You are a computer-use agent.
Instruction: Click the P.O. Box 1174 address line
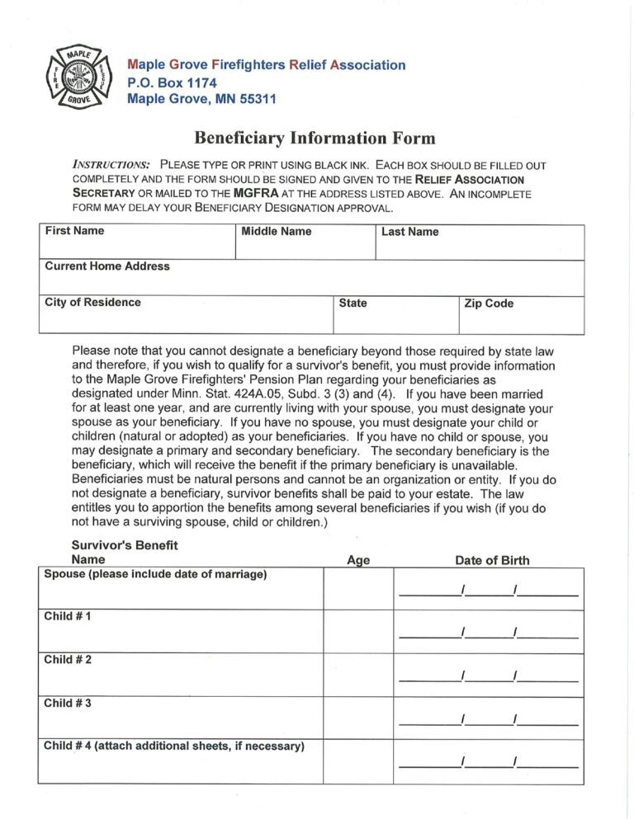coord(172,82)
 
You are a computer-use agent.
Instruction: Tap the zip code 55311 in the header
coord(252,99)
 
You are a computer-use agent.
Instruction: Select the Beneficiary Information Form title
coord(315,138)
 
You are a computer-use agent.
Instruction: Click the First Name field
coord(137,242)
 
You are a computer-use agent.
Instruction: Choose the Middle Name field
coord(305,242)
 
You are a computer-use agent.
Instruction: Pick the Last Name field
coord(479,242)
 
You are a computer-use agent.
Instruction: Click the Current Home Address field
coord(311,278)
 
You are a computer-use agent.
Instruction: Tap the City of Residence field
coord(185,314)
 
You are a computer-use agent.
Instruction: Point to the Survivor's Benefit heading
coord(125,545)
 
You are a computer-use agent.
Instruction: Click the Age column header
coord(358,561)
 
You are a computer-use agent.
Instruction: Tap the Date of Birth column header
coord(492,561)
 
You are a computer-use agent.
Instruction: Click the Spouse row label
coord(155,575)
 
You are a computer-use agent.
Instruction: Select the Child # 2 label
coord(68,660)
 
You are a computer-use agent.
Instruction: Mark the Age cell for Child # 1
coord(358,632)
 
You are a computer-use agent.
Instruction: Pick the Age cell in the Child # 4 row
coord(358,761)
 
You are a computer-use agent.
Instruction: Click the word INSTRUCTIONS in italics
coord(111,165)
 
